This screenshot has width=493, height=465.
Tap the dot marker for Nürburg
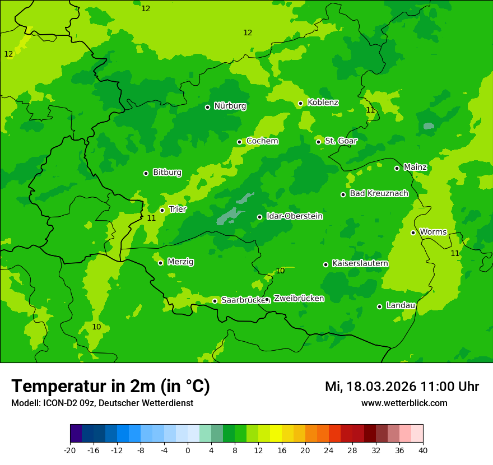pyautogui.click(x=207, y=107)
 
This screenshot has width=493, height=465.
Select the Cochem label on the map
pyautogui.click(x=262, y=141)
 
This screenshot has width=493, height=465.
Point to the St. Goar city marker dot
pyautogui.click(x=318, y=142)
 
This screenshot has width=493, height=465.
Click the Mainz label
pyautogui.click(x=415, y=167)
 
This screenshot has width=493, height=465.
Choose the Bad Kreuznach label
pyautogui.click(x=379, y=193)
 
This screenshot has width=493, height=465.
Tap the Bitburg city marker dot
pyautogui.click(x=146, y=173)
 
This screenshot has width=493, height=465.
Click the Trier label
pyautogui.click(x=178, y=209)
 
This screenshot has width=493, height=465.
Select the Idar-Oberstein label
pyautogui.click(x=294, y=216)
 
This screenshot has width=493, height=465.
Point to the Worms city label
pyautogui.click(x=433, y=232)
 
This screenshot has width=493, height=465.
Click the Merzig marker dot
pyautogui.click(x=160, y=263)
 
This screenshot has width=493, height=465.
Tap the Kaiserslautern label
pyautogui.click(x=360, y=263)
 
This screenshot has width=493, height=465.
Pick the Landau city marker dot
pyautogui.click(x=379, y=306)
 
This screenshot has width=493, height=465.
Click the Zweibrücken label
pyautogui.click(x=299, y=299)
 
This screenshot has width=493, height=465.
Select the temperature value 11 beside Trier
pyautogui.click(x=151, y=218)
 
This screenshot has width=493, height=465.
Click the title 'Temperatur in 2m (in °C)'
pyautogui.click(x=110, y=386)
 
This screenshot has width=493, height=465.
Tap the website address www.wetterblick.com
pyautogui.click(x=404, y=403)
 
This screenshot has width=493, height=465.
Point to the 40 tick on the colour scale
pyautogui.click(x=423, y=450)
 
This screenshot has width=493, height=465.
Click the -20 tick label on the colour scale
pyautogui.click(x=70, y=450)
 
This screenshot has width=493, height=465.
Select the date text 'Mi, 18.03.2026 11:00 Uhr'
pyautogui.click(x=402, y=387)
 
